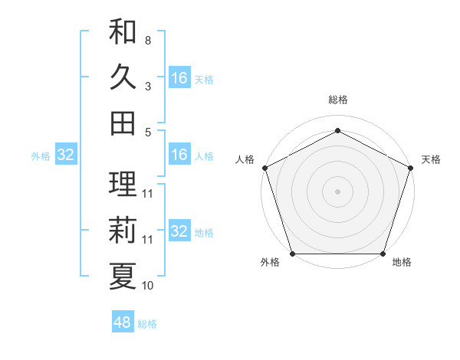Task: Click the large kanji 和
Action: (123, 32)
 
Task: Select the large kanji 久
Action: (123, 77)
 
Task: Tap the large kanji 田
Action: (123, 123)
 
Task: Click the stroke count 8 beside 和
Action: (148, 40)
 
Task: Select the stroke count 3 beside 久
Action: (148, 86)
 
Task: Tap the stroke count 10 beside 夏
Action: (148, 286)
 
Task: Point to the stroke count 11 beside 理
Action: (148, 193)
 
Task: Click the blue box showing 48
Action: (123, 322)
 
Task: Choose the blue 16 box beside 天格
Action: (179, 78)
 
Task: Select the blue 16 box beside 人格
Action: (179, 155)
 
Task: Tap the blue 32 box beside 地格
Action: (179, 231)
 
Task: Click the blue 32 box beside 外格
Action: (66, 155)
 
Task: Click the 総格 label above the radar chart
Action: (337, 100)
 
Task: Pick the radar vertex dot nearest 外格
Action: (292, 254)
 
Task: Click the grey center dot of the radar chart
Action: (337, 191)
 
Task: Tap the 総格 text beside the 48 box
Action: (147, 324)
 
